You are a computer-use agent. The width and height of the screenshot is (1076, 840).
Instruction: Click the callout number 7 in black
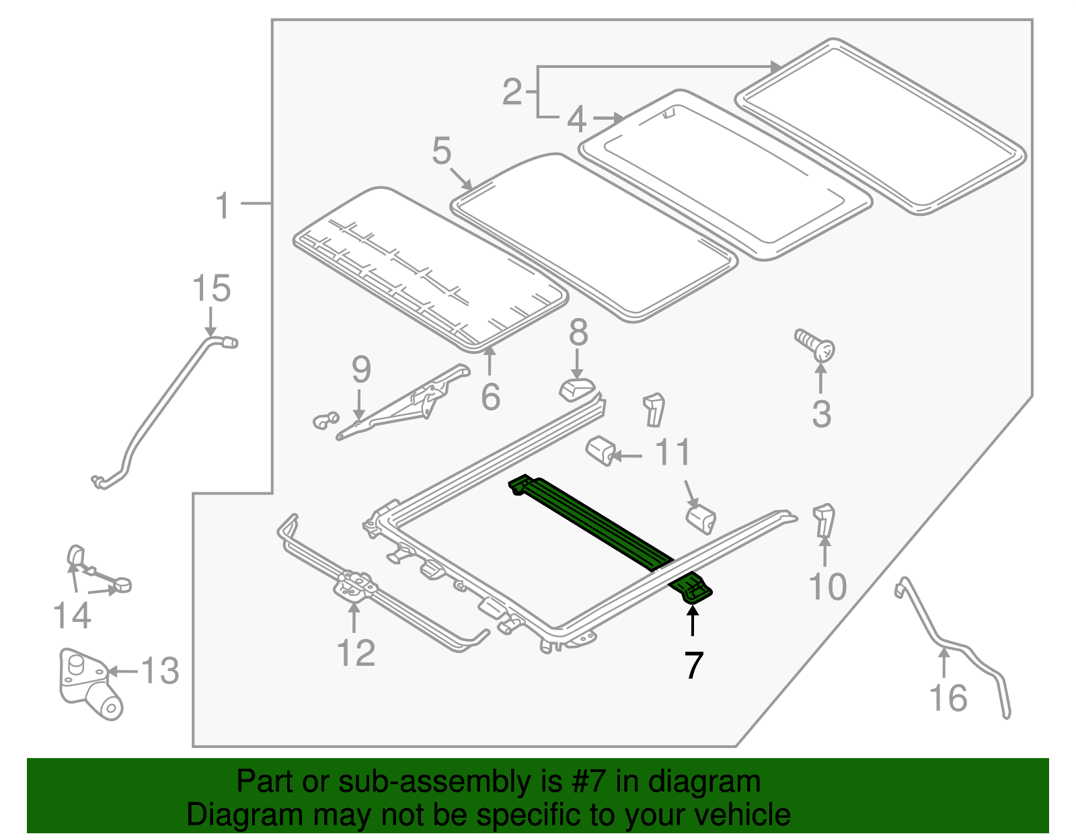coord(693,665)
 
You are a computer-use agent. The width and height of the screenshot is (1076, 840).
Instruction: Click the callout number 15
coord(211,289)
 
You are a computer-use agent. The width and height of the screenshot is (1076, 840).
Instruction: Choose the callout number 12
coord(355,653)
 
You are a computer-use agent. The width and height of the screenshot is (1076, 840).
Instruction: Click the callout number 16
coord(948,698)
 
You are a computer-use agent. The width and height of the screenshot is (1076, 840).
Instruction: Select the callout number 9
coord(361,370)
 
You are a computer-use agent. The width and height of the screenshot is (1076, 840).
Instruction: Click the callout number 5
coord(441,151)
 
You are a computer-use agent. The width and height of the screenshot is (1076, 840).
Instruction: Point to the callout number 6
coord(490,397)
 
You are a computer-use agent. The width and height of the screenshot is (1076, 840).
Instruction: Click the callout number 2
coord(512,92)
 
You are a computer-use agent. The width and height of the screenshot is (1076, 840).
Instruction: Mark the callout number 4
coord(576,120)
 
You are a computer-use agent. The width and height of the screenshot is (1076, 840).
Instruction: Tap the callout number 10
coord(827,587)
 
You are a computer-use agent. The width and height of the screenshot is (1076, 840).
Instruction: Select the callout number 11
coord(672,453)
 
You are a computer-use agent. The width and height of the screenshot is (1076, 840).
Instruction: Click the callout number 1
coord(223,205)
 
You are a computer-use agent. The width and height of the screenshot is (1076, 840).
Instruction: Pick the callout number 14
coord(72,616)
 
